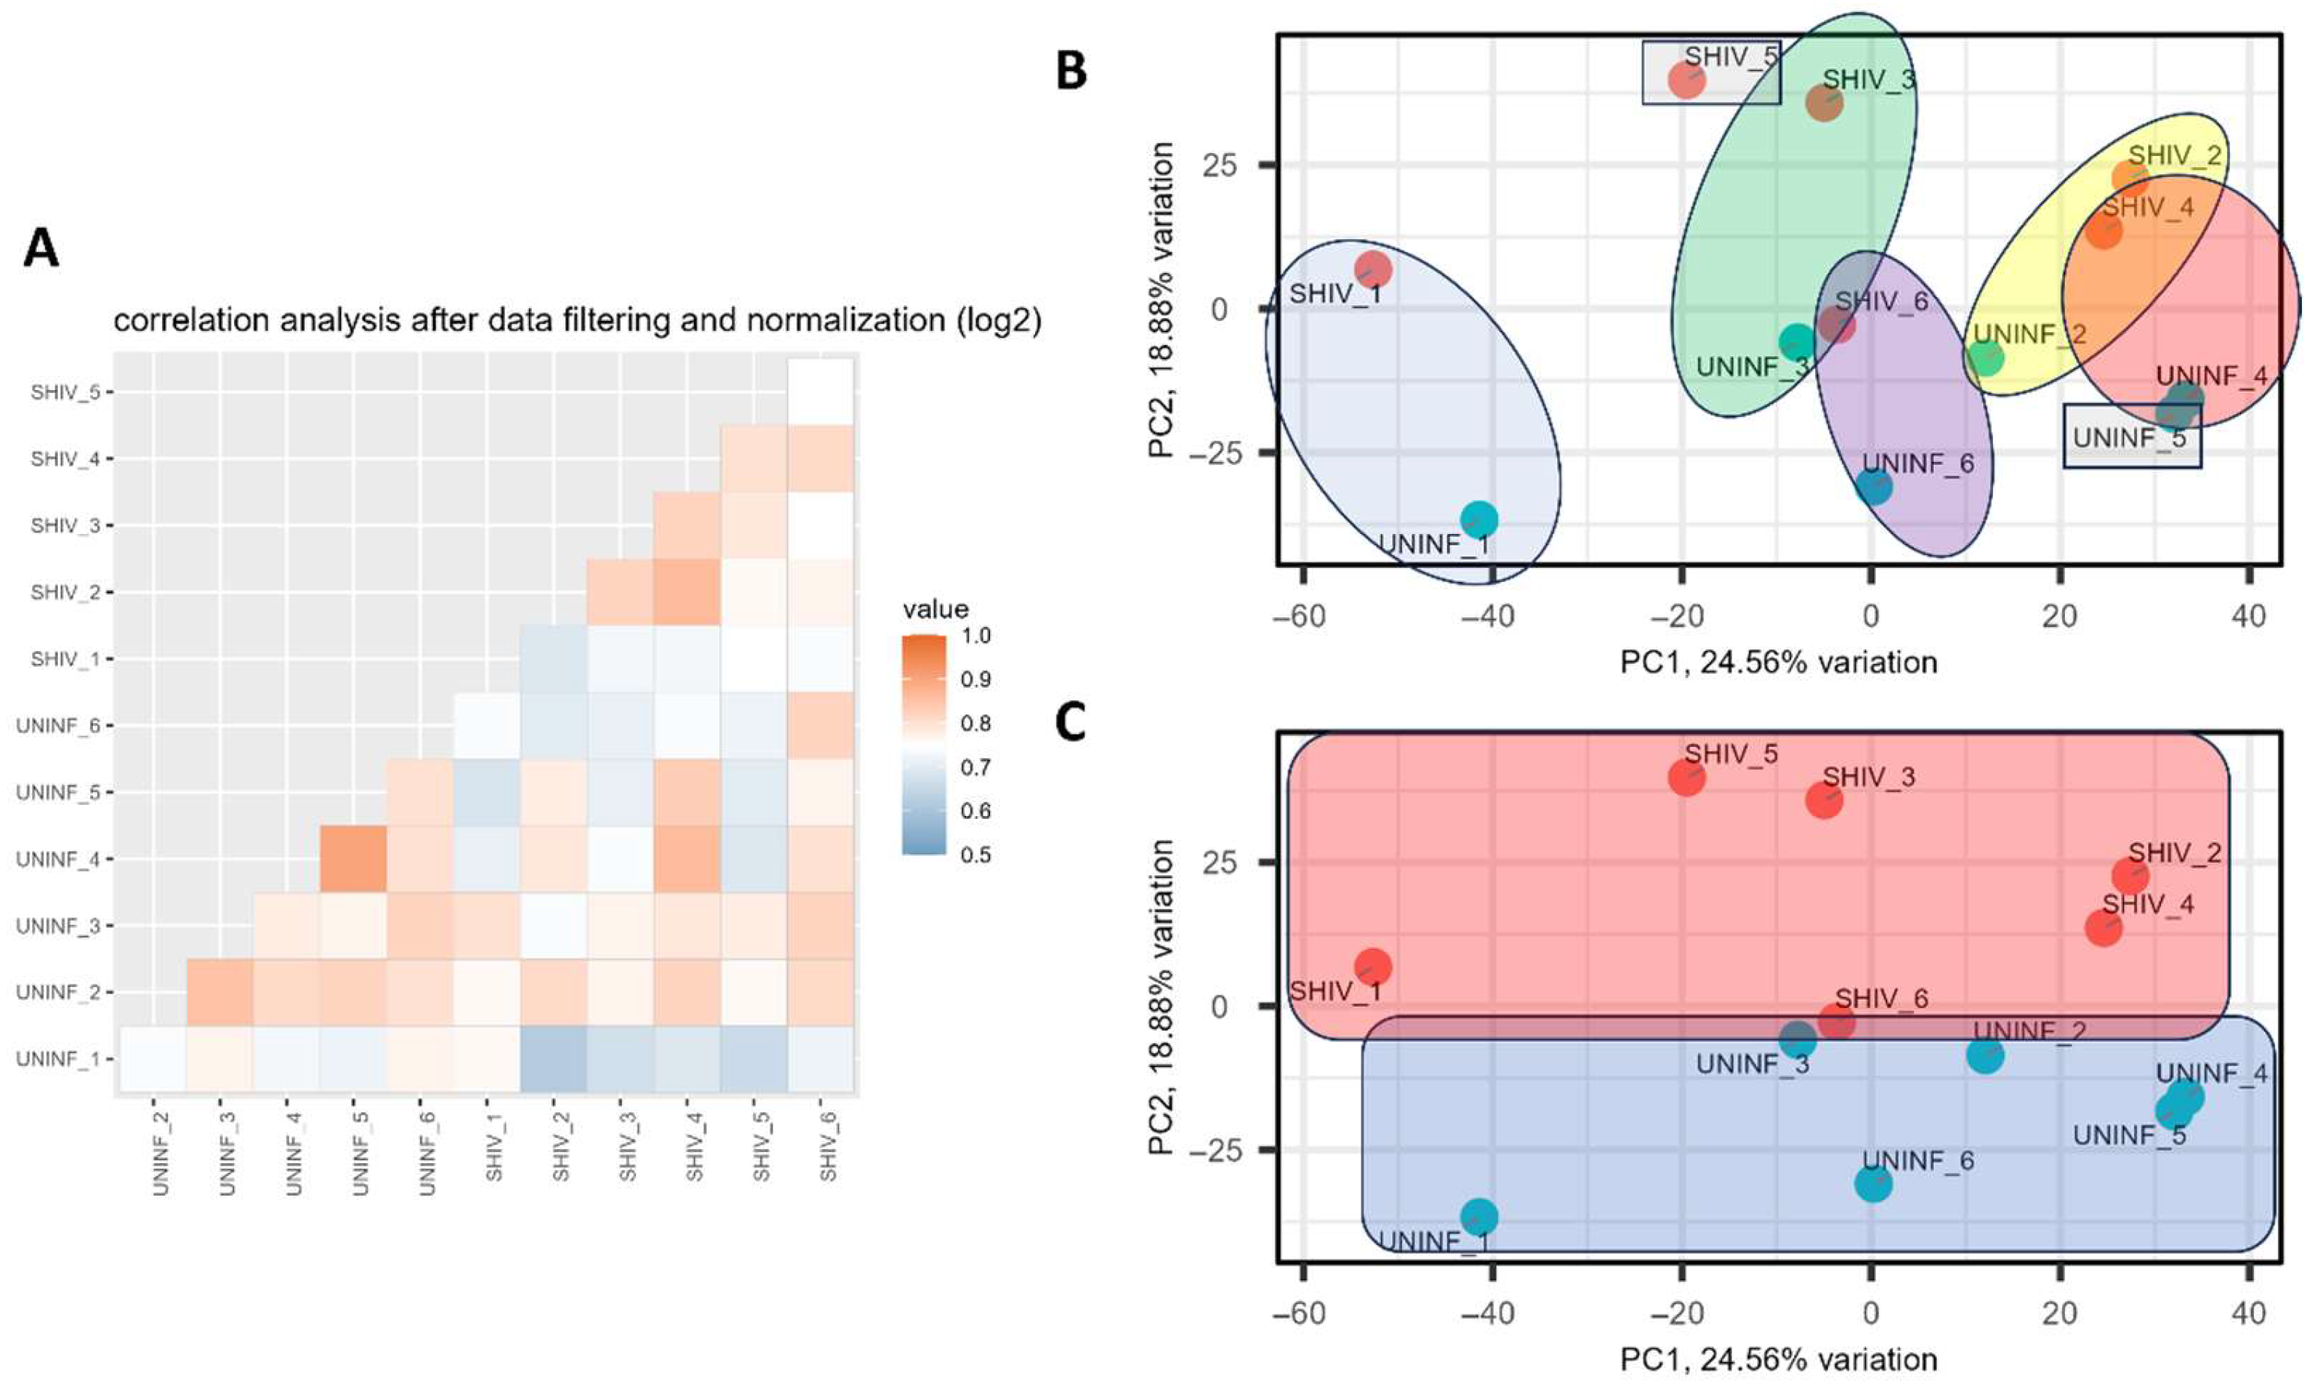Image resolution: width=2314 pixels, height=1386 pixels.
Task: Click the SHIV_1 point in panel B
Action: point(1373,270)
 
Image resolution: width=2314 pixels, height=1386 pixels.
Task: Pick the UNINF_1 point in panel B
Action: point(1478,518)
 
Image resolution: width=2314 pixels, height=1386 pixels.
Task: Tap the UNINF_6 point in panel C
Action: point(1873,1183)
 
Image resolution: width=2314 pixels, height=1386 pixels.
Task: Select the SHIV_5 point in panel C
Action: point(1686,777)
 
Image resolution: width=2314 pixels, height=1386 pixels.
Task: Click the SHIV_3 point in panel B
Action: point(1823,103)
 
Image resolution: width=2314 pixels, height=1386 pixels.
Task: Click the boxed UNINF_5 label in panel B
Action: point(2131,436)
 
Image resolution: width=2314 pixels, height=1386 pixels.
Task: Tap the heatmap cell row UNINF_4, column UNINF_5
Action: point(354,858)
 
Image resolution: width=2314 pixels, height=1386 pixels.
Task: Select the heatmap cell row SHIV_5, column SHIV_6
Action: point(821,391)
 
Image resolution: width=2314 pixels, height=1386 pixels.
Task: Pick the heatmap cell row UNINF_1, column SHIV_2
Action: point(554,1059)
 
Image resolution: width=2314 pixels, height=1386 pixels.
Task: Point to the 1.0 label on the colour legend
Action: point(977,636)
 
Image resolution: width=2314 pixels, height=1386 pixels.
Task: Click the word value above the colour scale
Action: point(935,610)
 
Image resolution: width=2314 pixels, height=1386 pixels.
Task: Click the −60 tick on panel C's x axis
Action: point(1304,1314)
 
